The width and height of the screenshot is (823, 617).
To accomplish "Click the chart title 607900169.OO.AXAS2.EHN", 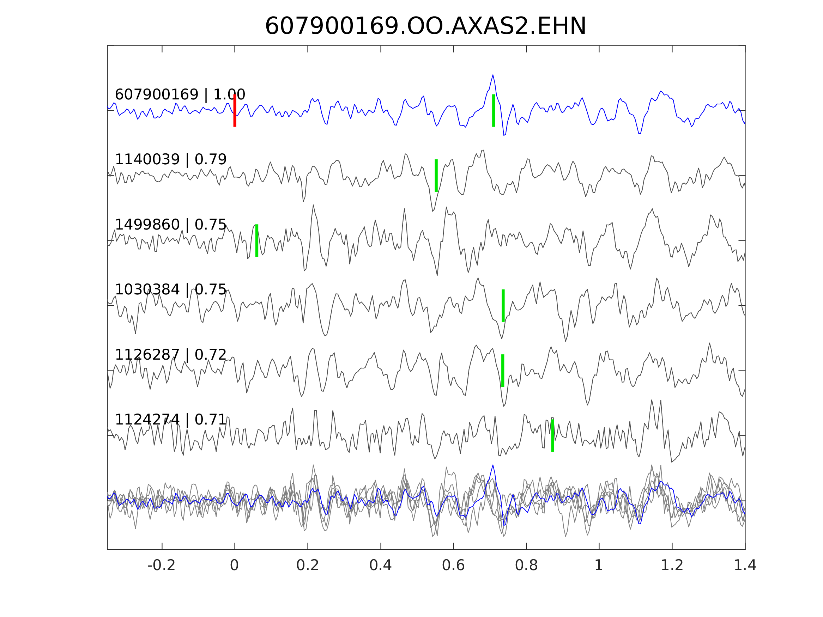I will pos(425,26).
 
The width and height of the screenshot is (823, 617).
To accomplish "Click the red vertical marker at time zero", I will pos(235,110).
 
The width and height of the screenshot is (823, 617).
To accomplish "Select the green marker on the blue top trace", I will pos(494,110).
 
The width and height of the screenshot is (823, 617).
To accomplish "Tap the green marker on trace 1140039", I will pos(436,176).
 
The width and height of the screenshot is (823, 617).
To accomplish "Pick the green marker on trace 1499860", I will pos(257,240).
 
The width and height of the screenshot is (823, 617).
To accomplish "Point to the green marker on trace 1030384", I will pos(503,306).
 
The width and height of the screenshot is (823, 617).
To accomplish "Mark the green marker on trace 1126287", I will pos(503,371).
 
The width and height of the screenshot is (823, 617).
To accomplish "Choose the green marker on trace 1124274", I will pos(552,436).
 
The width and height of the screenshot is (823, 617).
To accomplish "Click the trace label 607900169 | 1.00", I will pos(180,95).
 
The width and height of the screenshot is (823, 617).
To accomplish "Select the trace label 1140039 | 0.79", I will pos(171,160).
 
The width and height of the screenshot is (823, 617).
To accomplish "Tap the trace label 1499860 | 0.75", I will pos(171,225).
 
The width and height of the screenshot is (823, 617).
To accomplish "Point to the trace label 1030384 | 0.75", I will pos(171,290).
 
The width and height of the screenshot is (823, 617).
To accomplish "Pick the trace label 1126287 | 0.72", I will pos(171,355).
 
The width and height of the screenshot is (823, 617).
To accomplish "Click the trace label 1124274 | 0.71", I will pos(171,420).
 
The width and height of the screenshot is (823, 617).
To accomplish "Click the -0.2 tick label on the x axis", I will pos(162,566).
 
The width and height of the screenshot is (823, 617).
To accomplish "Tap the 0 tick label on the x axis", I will pos(234,566).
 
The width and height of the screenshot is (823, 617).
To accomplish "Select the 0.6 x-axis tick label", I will pos(453,566).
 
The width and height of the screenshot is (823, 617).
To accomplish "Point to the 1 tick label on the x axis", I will pos(599,566).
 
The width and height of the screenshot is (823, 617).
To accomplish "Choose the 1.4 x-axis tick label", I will pos(744,566).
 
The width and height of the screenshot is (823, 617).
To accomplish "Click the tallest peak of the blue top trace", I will pos(493,75).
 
